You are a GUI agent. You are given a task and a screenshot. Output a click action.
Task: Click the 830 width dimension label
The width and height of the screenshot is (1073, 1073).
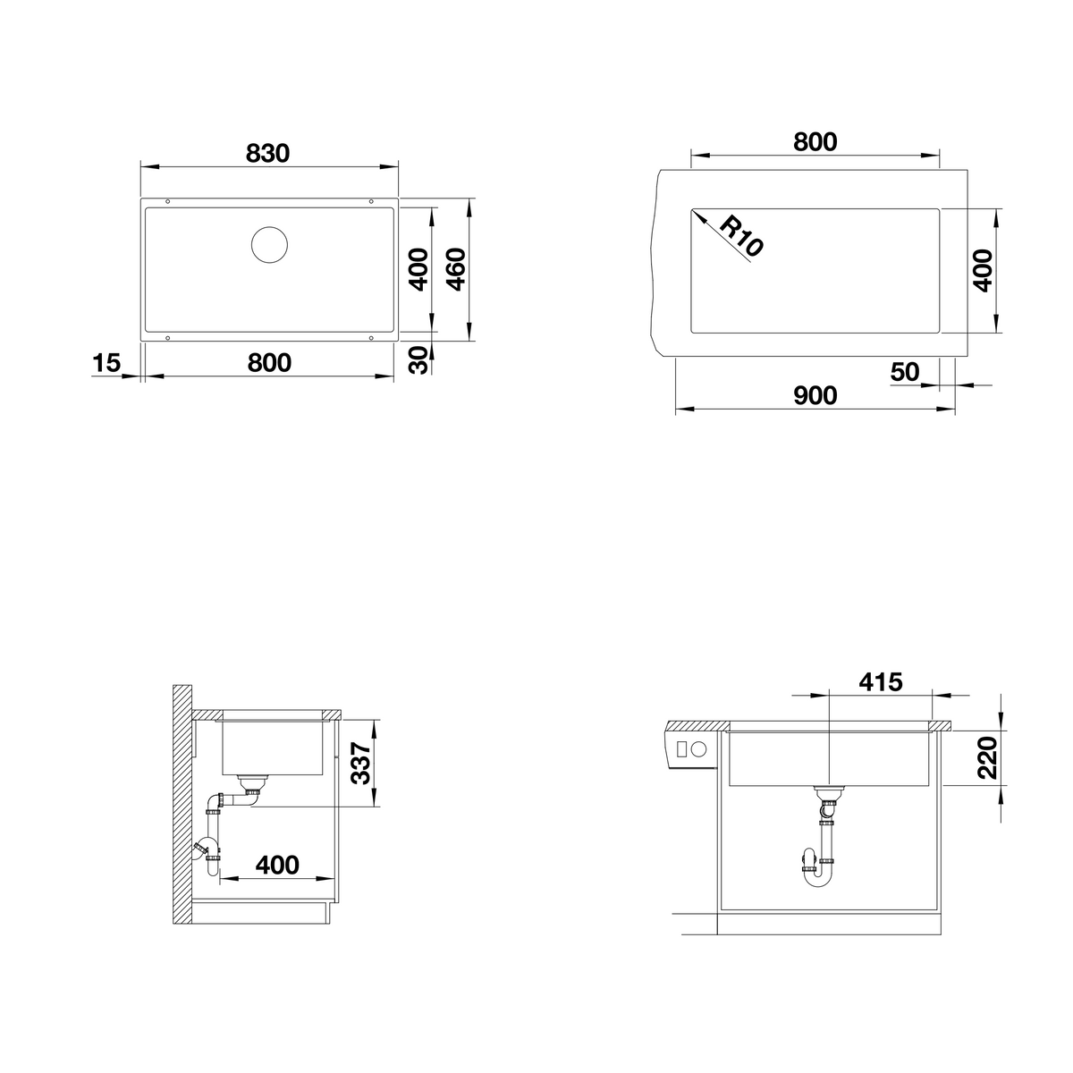pos(268,153)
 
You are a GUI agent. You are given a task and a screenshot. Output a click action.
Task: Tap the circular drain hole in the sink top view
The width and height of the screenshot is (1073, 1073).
pos(269,245)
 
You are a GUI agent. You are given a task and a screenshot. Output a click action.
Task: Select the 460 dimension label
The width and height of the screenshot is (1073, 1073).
pos(457,269)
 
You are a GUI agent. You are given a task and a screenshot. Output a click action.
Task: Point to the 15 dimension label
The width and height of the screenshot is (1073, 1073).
pos(106,363)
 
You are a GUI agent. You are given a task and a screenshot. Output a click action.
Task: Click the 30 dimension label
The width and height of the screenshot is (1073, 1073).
pos(418,359)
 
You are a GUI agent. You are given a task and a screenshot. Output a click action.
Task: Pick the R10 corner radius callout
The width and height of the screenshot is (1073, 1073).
pos(741,236)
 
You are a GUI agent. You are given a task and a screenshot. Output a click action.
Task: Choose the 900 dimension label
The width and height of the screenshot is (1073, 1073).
pos(815,396)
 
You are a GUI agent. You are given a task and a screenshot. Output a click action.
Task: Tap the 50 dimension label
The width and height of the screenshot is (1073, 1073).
pos(905,372)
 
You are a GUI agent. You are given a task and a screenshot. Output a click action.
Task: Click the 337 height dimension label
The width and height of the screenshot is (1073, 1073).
pos(361,764)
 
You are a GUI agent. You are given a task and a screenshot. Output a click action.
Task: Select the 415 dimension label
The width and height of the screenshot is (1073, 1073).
pos(881,682)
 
